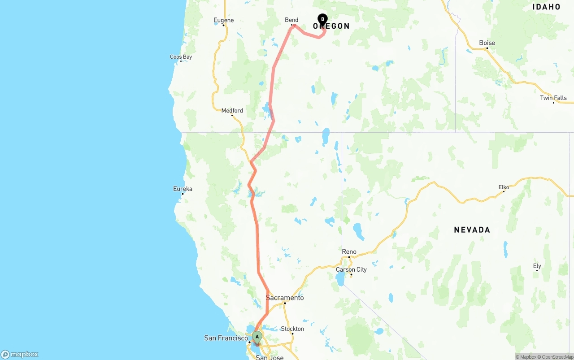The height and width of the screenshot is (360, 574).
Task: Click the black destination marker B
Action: pos(322,19)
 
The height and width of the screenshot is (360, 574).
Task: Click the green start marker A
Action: pos(257,337)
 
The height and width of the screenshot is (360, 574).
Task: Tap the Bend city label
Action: pos(291,20)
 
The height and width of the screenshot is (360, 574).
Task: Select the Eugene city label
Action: pos(223,20)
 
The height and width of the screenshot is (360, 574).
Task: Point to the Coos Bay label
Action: pos(181,57)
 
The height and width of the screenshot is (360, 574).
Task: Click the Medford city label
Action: pos(232,111)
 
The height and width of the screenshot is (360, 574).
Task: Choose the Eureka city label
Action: pos(183,189)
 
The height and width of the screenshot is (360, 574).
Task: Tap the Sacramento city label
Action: pos(285,298)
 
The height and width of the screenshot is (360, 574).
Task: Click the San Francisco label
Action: pos(226,338)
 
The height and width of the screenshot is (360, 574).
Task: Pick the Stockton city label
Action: pos(292,329)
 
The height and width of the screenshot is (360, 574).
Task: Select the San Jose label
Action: pos(270,357)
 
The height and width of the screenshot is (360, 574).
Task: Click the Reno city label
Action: pos(349,252)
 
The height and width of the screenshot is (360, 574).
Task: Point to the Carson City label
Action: pos(351,269)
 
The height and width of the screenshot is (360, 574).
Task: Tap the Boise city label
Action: pos(487,43)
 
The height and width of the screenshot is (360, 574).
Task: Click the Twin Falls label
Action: pos(553,98)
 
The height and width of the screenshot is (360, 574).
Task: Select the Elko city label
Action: pos(504,187)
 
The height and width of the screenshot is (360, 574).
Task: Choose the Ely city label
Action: pos(537,266)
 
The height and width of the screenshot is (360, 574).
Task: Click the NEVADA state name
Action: pos(472,230)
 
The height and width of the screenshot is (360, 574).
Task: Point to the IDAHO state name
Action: pos(546,7)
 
